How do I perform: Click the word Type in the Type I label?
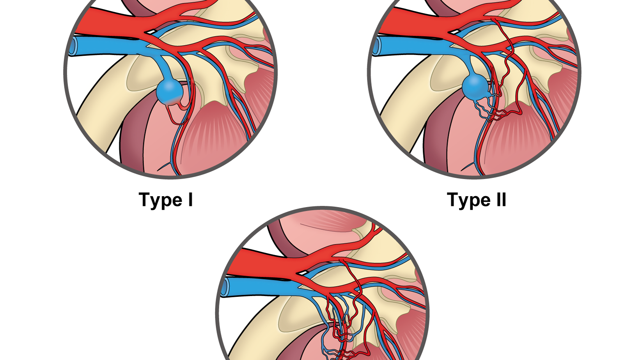point(161,200)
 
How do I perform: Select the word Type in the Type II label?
point(469,200)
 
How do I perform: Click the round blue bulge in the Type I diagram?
point(170,92)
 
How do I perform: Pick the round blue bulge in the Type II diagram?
point(475,87)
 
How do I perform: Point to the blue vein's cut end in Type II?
point(377,46)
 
